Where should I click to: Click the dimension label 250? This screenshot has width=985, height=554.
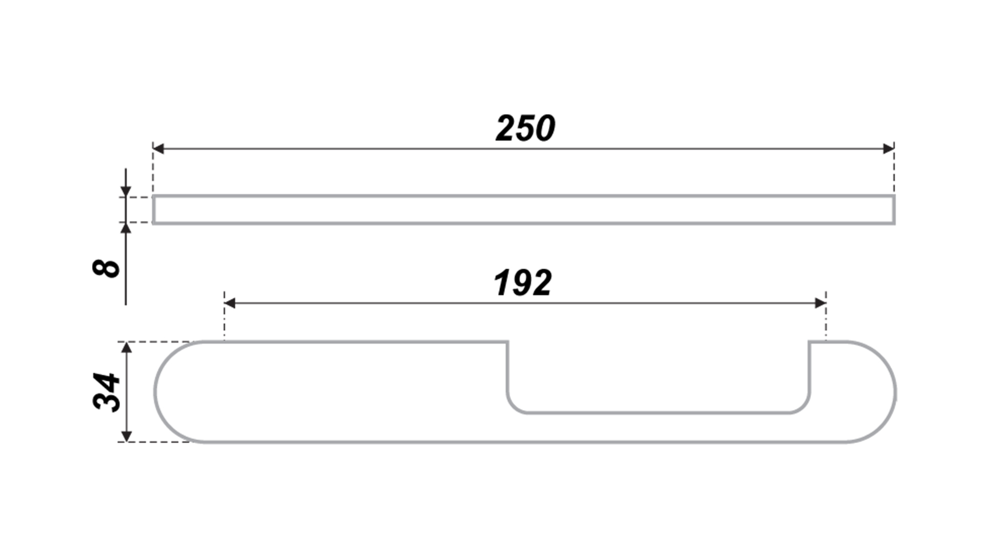[525, 128]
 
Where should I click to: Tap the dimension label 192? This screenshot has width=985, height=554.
[522, 283]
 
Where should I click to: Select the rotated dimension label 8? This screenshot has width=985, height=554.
[106, 268]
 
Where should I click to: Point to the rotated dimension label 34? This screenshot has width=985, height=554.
[107, 392]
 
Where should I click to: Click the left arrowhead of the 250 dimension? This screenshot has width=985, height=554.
[158, 149]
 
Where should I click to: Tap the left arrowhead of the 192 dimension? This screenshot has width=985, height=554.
[230, 303]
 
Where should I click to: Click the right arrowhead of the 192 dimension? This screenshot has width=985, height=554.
[820, 303]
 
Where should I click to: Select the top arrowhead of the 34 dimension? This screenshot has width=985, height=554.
[127, 347]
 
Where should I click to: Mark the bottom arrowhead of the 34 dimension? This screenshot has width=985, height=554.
[127, 436]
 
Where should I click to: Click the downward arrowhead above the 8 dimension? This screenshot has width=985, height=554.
[126, 191]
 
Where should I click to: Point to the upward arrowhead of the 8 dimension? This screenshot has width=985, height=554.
[126, 228]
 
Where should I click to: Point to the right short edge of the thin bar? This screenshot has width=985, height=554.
[894, 210]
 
